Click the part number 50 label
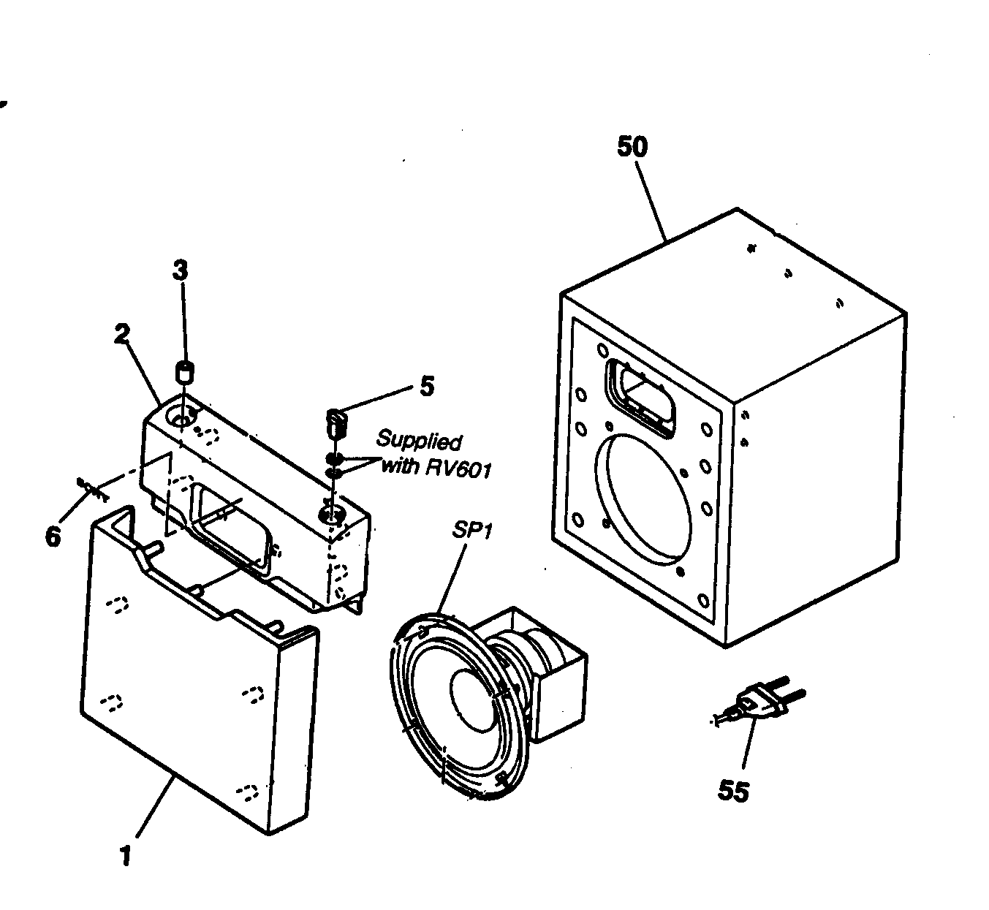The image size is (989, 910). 632,147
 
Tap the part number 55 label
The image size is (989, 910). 733,791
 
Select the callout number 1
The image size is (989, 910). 125,854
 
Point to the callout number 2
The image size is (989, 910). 121,334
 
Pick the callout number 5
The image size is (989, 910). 427,385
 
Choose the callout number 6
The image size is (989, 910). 53,536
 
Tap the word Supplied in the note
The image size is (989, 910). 419,441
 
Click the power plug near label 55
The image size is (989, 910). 764,703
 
